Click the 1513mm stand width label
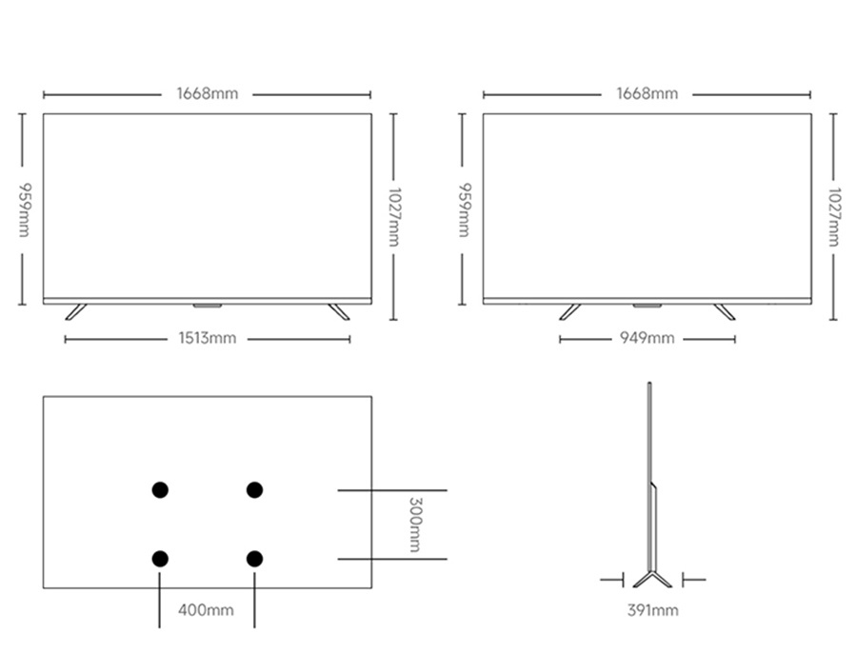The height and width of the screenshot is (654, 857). point(208,338)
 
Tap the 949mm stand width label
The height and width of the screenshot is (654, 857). point(648,338)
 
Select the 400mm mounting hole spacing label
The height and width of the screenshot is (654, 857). point(206,610)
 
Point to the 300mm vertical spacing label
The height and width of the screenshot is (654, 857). point(415,525)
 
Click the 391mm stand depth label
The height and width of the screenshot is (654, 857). point(653,610)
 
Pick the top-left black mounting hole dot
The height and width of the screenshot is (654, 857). point(160,490)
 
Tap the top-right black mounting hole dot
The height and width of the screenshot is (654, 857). point(254,490)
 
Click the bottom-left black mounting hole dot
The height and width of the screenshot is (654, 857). point(160,559)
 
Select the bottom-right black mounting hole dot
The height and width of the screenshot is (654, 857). point(254,559)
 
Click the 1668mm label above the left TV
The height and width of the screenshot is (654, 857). point(208,94)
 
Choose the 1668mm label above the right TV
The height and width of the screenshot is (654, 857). point(648,94)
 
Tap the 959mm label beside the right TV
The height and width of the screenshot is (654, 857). point(465,209)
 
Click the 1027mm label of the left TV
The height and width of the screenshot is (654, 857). point(394,217)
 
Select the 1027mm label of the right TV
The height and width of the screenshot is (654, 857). point(833,217)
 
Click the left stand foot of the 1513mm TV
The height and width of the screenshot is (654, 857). point(76,312)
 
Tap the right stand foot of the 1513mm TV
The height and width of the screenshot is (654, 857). point(339,312)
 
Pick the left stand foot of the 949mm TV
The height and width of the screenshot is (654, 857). point(570,312)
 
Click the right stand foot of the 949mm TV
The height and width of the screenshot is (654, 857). point(725,312)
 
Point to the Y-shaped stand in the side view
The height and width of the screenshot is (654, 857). point(652,579)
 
